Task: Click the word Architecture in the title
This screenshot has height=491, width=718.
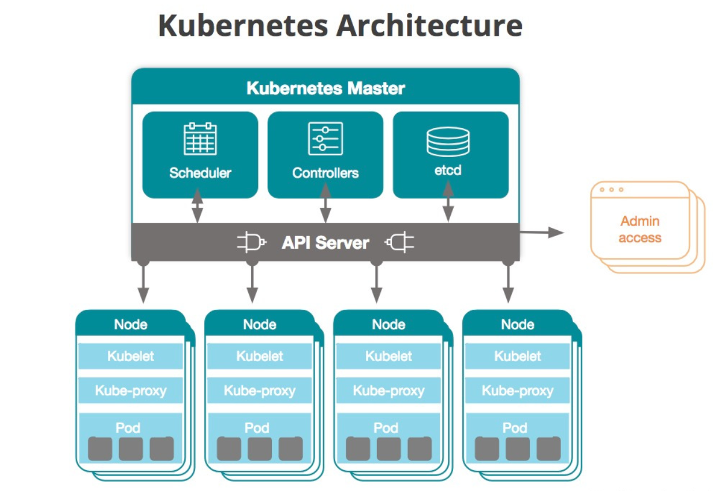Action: pyautogui.click(x=429, y=25)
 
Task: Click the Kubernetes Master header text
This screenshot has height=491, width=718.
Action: pyautogui.click(x=326, y=88)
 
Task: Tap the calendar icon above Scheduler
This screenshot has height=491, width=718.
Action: pyautogui.click(x=200, y=138)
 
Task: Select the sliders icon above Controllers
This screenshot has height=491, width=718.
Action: pyautogui.click(x=326, y=138)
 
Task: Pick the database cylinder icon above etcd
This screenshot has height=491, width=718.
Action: pyautogui.click(x=448, y=141)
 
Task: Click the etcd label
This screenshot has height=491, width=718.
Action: pyautogui.click(x=448, y=170)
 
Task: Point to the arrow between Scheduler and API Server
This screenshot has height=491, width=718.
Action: pyautogui.click(x=197, y=205)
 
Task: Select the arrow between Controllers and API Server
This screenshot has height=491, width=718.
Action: pyautogui.click(x=326, y=203)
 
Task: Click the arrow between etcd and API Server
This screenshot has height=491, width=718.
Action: pyautogui.click(x=448, y=201)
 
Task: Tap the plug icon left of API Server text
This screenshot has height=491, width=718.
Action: pyautogui.click(x=252, y=242)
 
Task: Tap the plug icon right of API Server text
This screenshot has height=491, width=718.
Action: pyautogui.click(x=399, y=242)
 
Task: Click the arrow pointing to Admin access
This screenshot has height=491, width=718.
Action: pyautogui.click(x=542, y=233)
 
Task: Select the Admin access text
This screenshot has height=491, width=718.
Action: pyautogui.click(x=640, y=230)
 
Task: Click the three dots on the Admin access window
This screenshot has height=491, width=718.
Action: pyautogui.click(x=612, y=190)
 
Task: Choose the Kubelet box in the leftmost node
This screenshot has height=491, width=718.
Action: pyautogui.click(x=130, y=356)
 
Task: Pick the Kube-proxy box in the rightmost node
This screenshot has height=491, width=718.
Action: pyautogui.click(x=517, y=391)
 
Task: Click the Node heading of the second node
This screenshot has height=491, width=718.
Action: pyautogui.click(x=260, y=325)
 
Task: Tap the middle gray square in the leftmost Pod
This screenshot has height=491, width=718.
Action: pyautogui.click(x=131, y=449)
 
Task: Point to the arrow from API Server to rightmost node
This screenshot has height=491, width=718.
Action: pyautogui.click(x=508, y=282)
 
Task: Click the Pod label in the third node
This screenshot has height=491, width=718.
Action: pyautogui.click(x=386, y=428)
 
